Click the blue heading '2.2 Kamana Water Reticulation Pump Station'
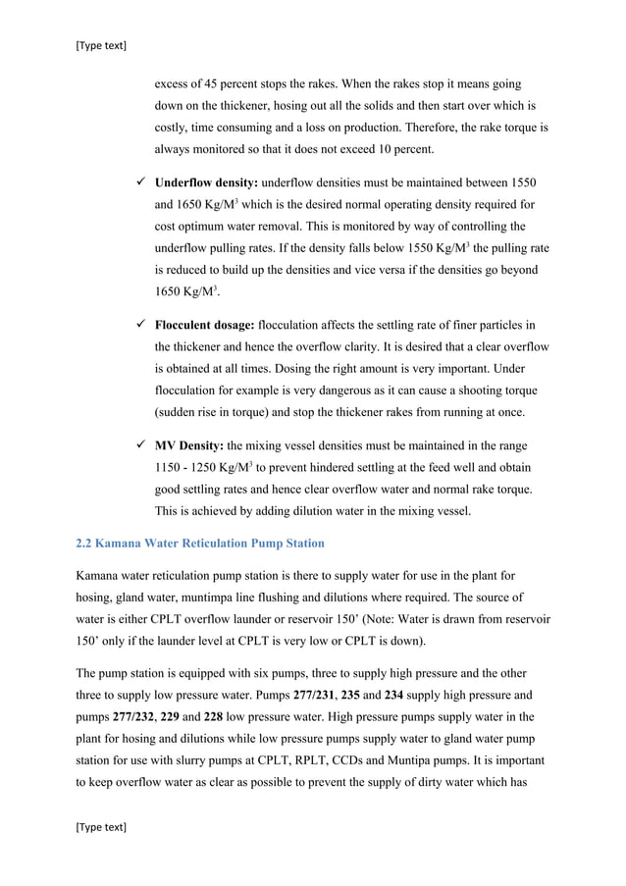click(200, 543)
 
